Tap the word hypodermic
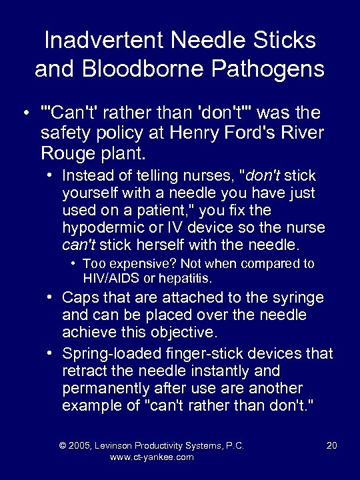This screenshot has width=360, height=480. coord(101,228)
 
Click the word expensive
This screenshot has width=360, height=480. coord(137,264)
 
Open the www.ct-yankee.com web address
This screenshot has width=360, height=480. coord(151,457)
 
